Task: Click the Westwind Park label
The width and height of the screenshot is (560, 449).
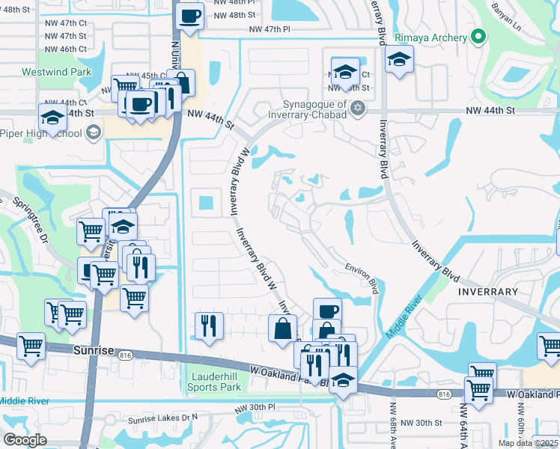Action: [x=57, y=73]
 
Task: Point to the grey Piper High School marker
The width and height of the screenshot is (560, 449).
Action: [x=94, y=134]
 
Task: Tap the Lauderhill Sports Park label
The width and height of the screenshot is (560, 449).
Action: [x=215, y=382]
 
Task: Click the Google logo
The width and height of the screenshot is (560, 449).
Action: [x=25, y=440]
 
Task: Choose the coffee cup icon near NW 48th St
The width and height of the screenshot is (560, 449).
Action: [x=190, y=16]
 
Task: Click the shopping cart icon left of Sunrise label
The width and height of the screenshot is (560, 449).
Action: [x=31, y=346]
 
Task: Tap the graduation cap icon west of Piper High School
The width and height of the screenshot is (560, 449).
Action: [x=52, y=117]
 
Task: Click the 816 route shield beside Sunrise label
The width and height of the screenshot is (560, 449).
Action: [x=125, y=356]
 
